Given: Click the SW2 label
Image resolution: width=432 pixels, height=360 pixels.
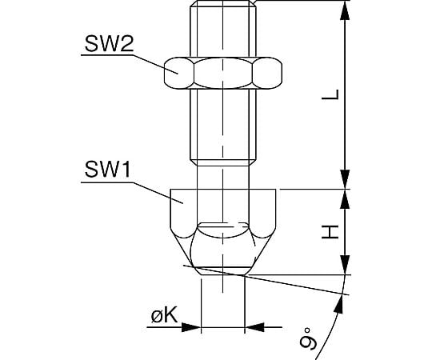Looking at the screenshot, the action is tap(109, 44).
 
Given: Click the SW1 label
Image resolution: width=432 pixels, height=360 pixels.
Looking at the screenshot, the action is tap(107, 170).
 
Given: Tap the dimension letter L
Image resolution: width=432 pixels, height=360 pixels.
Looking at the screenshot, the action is tap(330, 94).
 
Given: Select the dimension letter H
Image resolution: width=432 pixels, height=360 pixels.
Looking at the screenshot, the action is tap(330, 232).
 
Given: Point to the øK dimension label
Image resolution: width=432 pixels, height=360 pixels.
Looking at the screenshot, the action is tap(164, 315).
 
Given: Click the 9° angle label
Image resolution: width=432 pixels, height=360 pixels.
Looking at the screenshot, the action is tap(309, 338).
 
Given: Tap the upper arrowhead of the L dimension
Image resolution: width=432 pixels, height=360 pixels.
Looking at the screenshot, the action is tap(345, 10).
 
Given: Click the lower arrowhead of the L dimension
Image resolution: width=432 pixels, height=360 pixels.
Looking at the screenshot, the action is tap(345, 179).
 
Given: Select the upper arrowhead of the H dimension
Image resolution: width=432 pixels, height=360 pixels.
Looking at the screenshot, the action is tap(345, 199).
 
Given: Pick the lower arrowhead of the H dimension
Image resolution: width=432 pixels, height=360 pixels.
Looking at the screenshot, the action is tap(345, 265).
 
